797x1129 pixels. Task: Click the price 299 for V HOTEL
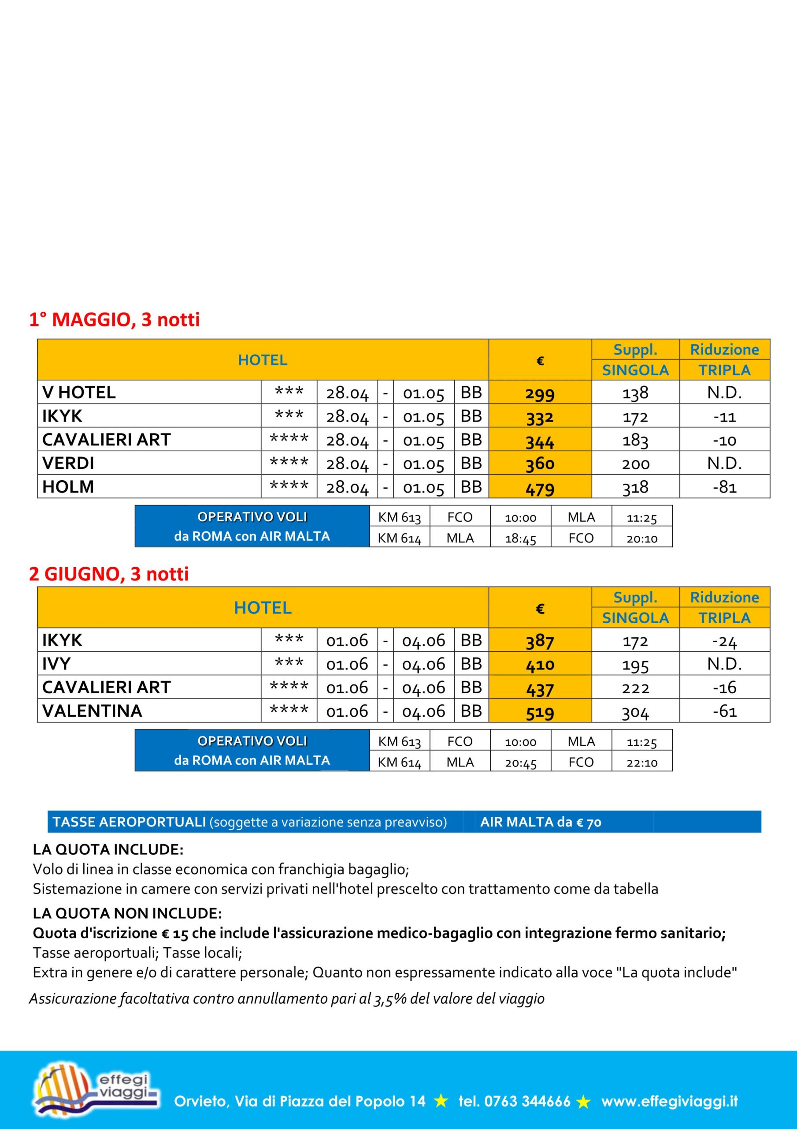coord(540,393)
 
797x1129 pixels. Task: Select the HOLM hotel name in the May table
coord(68,487)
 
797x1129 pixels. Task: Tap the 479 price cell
coord(540,488)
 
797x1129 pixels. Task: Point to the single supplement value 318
coord(635,487)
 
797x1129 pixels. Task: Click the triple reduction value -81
coord(724,487)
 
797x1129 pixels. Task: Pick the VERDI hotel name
coord(68,463)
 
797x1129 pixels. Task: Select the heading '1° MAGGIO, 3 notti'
coord(115,320)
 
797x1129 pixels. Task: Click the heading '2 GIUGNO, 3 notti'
coord(108,574)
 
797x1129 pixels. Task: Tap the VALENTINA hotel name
coord(93,711)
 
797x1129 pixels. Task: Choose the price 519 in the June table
coord(540,712)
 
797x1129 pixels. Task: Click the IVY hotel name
coord(56,664)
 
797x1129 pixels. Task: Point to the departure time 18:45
coord(520,539)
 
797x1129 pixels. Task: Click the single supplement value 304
coord(635,711)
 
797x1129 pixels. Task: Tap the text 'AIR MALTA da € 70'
coord(541,822)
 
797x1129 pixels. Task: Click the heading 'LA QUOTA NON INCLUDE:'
coord(127,914)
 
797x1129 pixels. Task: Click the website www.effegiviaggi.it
coord(669,1101)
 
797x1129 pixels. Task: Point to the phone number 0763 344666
coord(527,1101)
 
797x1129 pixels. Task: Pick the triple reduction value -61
coord(724,711)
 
